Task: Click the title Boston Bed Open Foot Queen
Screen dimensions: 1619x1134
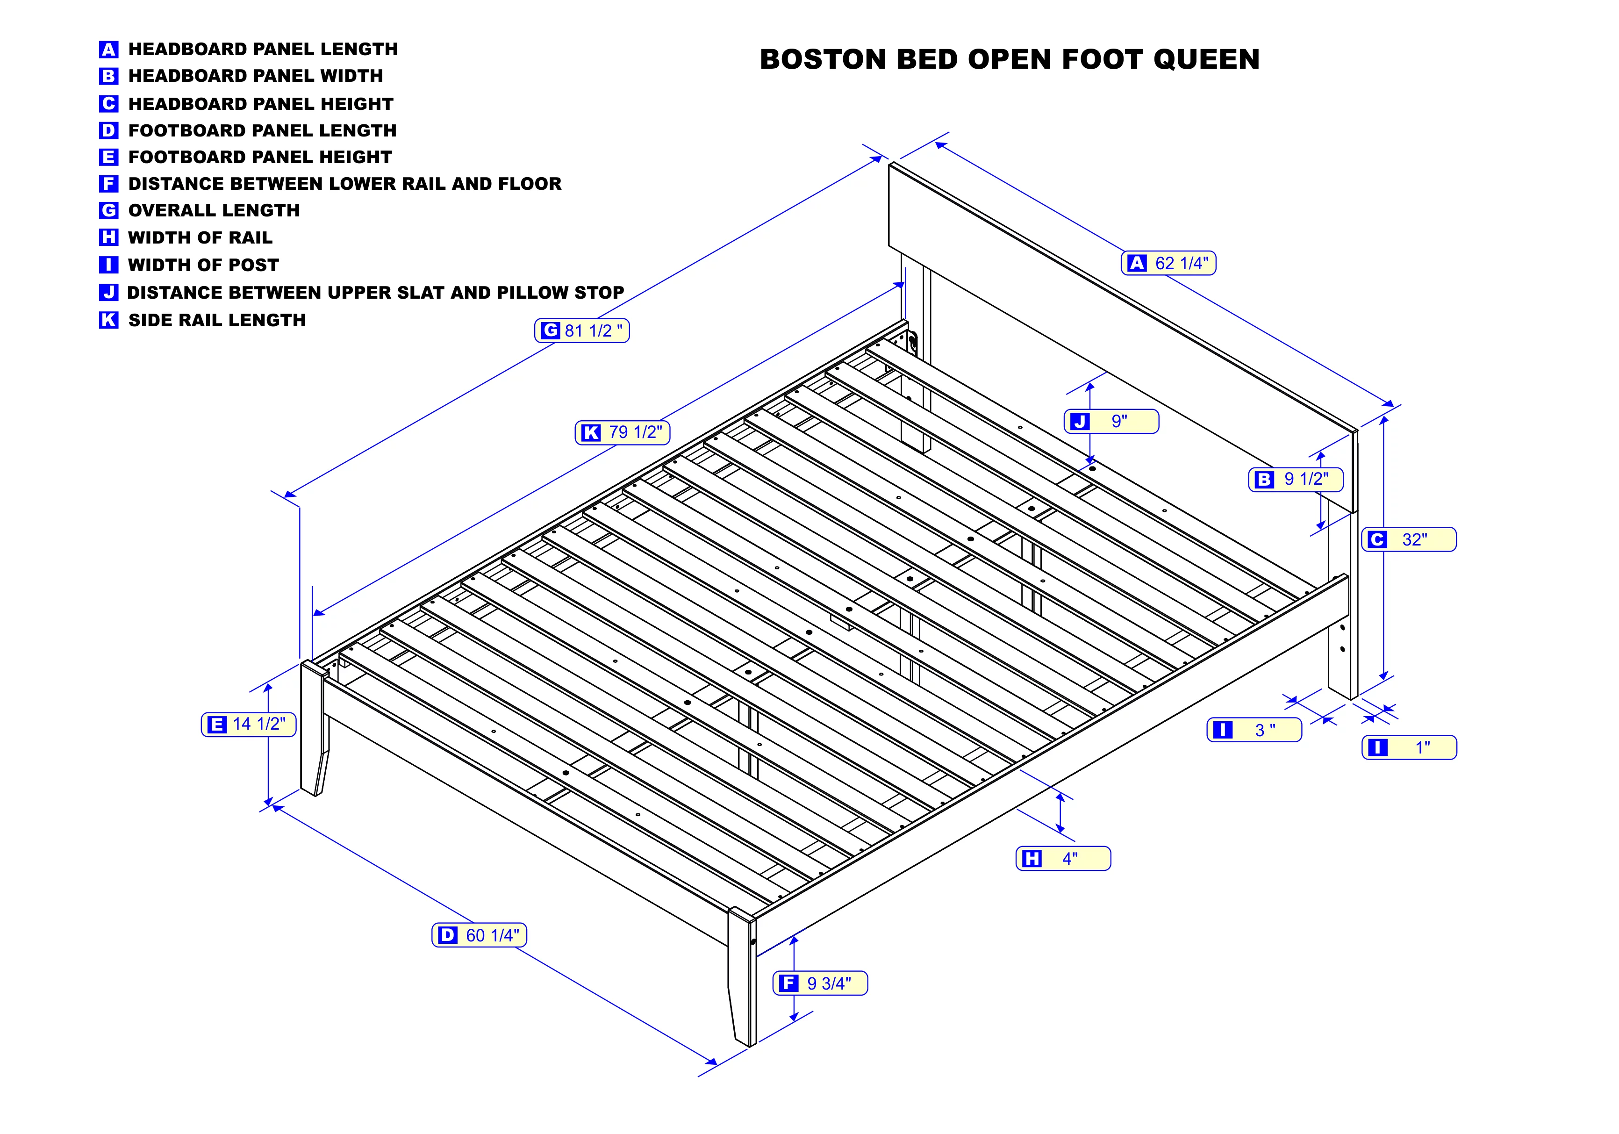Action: [1010, 59]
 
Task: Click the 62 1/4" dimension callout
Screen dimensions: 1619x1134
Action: [1168, 263]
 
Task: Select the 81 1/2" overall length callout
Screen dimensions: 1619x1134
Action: [582, 331]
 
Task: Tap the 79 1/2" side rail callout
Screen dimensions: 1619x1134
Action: [623, 432]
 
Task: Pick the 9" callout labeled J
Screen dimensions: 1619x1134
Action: [1111, 421]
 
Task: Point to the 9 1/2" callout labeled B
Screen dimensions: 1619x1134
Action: [1296, 480]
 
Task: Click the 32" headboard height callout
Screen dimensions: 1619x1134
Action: [1409, 539]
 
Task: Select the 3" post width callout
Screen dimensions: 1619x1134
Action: [1254, 730]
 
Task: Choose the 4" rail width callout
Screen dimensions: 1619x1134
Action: [1063, 858]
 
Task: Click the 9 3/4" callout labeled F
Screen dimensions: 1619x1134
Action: [820, 983]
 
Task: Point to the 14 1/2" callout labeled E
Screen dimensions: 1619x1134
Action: [249, 724]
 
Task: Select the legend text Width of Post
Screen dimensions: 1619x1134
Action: [203, 265]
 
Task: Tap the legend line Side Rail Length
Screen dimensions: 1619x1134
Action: [202, 320]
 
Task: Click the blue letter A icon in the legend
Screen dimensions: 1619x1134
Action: [108, 50]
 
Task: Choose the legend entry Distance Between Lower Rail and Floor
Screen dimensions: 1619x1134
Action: [330, 183]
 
